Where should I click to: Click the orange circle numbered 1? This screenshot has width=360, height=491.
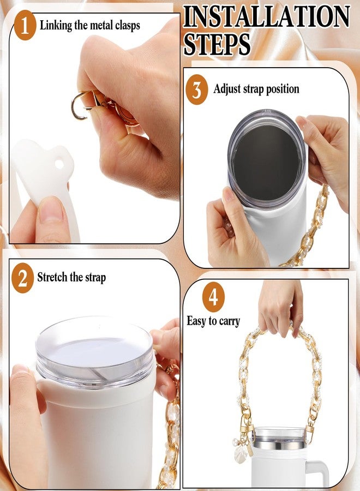[25, 25]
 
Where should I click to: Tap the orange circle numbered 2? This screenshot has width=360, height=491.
[22, 278]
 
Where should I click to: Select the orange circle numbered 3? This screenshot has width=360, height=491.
[196, 89]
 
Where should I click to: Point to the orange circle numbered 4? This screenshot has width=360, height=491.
[213, 297]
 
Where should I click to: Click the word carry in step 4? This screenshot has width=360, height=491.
[230, 321]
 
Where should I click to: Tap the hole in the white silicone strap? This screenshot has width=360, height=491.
[59, 164]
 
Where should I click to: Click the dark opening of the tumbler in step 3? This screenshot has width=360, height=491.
[266, 162]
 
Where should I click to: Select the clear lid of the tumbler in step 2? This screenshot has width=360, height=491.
[94, 352]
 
